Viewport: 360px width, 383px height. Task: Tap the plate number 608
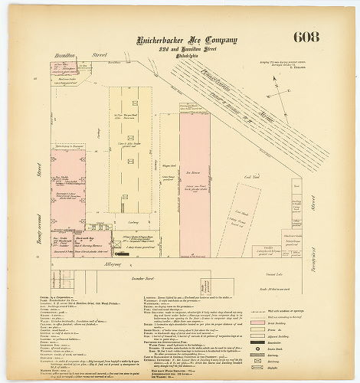(306, 37)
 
